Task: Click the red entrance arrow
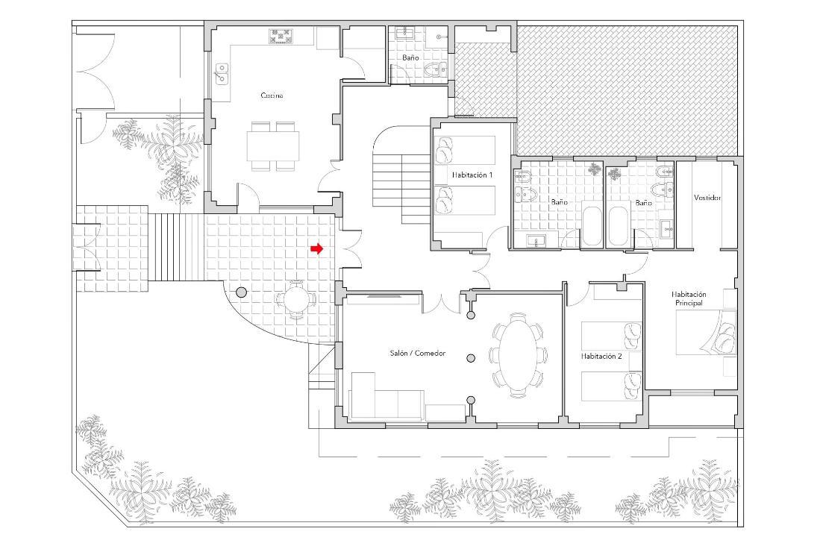point(316,249)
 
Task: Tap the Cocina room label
point(272,95)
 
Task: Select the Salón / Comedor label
point(417,353)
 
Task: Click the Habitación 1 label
point(472,175)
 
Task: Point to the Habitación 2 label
point(601,356)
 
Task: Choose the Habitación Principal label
point(689,299)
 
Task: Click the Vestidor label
point(707,198)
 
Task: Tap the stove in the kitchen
point(281,37)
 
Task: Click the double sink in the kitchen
point(222,73)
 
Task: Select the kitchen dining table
point(273,146)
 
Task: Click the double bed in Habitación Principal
point(706,332)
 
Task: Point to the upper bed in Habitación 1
point(465,151)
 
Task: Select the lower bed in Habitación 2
point(612,386)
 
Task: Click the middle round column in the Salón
point(471,358)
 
